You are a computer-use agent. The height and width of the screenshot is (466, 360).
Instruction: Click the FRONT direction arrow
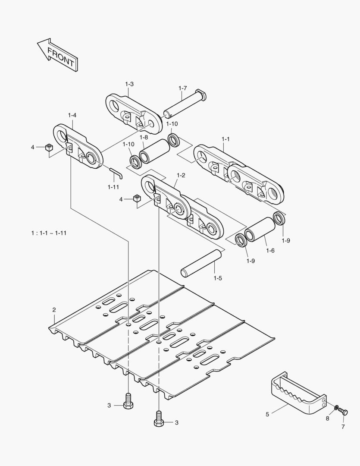click(58, 55)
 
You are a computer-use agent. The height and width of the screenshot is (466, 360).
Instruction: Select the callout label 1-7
click(183, 88)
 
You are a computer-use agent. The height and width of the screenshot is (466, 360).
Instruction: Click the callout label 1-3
click(129, 84)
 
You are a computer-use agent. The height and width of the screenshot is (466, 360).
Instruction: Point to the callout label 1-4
click(72, 115)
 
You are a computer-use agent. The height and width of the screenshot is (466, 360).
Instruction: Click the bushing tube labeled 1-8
click(154, 151)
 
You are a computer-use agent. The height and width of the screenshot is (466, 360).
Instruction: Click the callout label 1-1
click(226, 139)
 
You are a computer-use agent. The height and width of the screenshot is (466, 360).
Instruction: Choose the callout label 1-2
click(181, 175)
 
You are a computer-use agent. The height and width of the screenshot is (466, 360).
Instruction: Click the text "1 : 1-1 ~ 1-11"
click(49, 233)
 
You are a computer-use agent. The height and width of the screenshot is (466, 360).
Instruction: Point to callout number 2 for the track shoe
click(54, 310)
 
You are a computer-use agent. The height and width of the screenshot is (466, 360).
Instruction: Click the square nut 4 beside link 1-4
click(49, 147)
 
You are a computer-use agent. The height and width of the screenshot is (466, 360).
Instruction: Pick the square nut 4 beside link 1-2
click(137, 198)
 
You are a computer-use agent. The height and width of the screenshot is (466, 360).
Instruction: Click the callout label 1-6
click(270, 251)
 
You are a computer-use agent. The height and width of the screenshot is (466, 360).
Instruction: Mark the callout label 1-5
click(218, 278)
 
